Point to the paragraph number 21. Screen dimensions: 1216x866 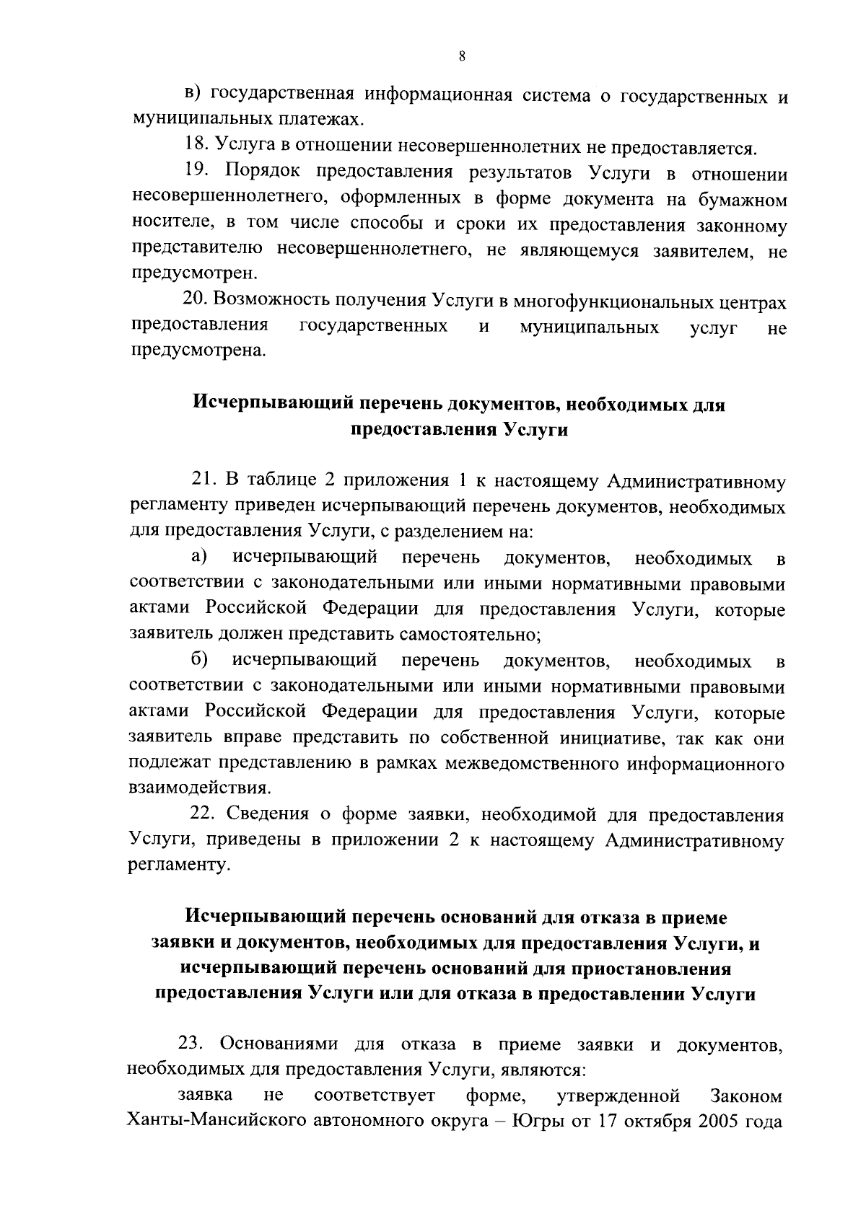point(204,481)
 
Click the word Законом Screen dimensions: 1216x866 point(747,1096)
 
